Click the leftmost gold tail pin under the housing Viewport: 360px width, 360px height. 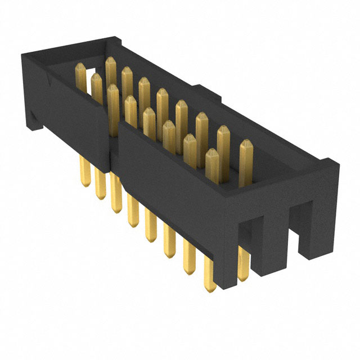tap(86, 172)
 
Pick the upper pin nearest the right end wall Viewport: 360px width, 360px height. tap(246, 160)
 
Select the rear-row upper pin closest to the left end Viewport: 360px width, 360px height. tap(110, 70)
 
